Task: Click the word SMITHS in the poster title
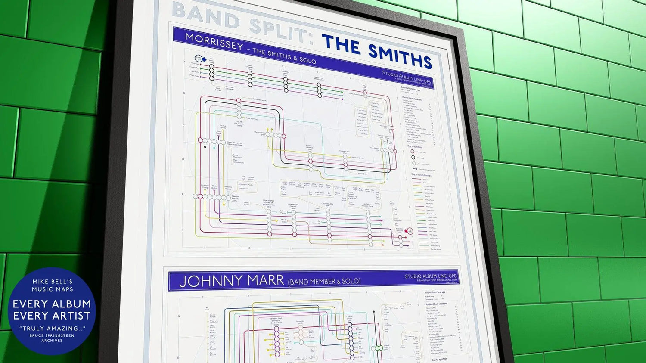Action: click(400, 55)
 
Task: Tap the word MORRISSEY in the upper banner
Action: click(214, 41)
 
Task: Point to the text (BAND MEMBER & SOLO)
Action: click(324, 282)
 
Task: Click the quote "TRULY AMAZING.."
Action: click(52, 329)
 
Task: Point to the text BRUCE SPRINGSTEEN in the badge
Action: click(52, 335)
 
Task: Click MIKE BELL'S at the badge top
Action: click(52, 282)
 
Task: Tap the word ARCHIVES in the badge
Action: click(52, 341)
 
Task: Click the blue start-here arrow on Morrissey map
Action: click(199, 59)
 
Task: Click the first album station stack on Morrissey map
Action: click(211, 72)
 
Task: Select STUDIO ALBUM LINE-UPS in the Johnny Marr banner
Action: click(430, 276)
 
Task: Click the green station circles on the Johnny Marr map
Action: click(378, 348)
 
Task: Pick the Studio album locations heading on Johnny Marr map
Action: click(436, 304)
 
